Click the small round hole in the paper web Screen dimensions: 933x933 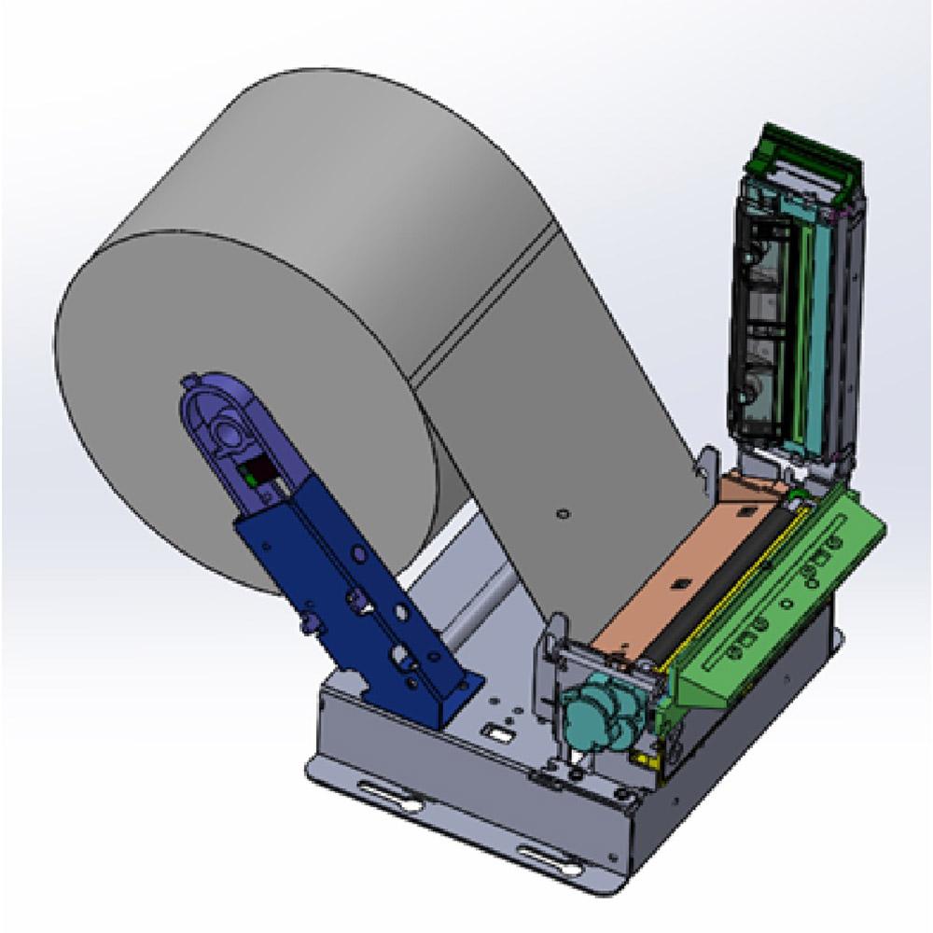(561, 512)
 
